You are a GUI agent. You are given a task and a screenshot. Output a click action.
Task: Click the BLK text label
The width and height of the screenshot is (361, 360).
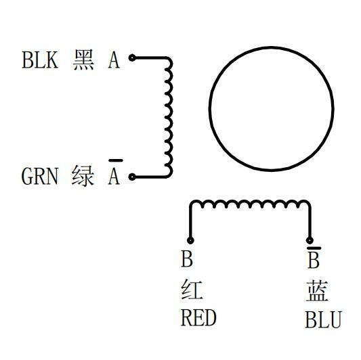click(40, 60)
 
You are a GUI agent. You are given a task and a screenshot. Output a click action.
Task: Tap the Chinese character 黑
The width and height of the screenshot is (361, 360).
click(83, 60)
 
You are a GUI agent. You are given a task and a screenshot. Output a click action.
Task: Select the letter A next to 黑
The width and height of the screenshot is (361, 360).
click(114, 60)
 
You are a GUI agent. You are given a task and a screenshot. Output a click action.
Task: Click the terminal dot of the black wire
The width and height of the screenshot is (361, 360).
click(132, 58)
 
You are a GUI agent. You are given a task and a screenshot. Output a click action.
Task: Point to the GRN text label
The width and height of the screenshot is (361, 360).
click(39, 176)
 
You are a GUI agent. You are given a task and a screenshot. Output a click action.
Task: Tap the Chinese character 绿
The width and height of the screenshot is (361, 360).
click(83, 176)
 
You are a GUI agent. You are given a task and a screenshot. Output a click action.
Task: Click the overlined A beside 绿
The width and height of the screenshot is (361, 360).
click(114, 172)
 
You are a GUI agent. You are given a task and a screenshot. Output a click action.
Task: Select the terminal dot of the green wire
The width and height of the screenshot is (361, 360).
click(132, 177)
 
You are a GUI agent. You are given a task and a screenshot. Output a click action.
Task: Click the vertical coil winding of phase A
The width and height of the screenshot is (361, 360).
click(169, 117)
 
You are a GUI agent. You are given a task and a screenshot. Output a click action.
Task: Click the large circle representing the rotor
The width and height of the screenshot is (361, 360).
click(272, 47)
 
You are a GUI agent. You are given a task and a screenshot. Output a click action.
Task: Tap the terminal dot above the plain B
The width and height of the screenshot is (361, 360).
click(190, 241)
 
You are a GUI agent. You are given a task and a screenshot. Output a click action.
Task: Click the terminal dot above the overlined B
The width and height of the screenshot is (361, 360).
click(310, 241)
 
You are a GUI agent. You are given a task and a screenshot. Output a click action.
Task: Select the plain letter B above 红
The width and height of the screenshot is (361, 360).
click(187, 258)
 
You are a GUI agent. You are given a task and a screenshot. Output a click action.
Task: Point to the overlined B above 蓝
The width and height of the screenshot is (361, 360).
click(314, 257)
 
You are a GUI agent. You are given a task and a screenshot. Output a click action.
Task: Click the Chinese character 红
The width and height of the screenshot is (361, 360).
click(192, 290)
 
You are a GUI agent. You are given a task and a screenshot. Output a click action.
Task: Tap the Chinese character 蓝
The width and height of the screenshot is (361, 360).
click(317, 290)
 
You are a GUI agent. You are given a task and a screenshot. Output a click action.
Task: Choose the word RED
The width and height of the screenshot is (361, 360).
click(198, 317)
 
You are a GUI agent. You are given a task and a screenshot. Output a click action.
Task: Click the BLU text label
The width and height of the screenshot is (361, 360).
click(324, 319)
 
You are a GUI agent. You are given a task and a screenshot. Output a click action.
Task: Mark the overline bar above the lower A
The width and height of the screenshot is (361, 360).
click(116, 160)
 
